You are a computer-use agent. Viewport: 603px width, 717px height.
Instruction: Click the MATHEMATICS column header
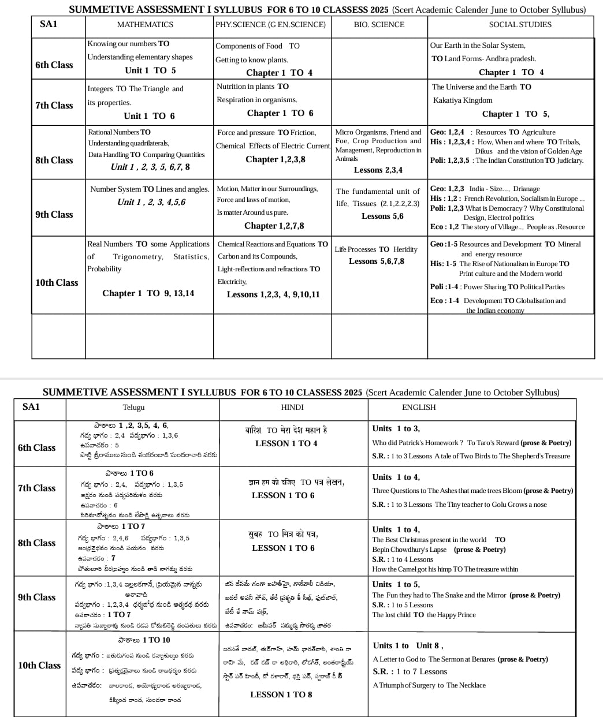(x=145, y=25)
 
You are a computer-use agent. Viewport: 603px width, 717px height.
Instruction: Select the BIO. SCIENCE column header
(x=379, y=25)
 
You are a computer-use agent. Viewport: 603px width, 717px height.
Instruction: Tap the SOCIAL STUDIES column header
(x=520, y=25)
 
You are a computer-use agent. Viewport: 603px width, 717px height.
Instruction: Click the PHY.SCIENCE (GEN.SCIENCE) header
(x=270, y=25)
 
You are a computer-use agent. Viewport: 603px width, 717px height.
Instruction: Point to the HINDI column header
(x=292, y=408)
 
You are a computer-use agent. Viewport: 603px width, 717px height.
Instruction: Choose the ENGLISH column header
(x=419, y=408)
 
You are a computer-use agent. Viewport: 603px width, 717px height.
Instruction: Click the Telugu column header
(x=133, y=408)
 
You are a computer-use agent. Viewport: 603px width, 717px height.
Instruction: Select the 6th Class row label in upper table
(x=54, y=65)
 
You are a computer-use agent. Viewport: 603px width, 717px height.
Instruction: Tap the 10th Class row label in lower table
(x=39, y=666)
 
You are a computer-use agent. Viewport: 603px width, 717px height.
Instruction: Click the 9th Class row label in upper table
(x=54, y=215)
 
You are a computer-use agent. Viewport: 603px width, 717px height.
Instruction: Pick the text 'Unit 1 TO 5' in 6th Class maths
(x=150, y=70)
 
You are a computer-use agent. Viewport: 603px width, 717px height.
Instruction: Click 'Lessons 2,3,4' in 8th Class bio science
(x=378, y=170)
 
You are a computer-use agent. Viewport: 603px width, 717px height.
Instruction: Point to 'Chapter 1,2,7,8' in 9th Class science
(x=274, y=226)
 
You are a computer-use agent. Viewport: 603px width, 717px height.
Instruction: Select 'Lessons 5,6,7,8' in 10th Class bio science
(x=377, y=262)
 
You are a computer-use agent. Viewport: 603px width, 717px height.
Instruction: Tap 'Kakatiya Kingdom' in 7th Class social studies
(x=463, y=100)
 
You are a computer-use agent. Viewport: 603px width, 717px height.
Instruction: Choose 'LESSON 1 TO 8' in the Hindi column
(x=281, y=695)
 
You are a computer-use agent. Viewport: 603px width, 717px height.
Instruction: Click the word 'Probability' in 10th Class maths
(x=105, y=269)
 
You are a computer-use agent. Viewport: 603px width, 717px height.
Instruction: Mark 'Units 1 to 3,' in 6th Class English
(x=396, y=429)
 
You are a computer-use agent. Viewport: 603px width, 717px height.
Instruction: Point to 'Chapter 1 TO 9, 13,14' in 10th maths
(x=148, y=294)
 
